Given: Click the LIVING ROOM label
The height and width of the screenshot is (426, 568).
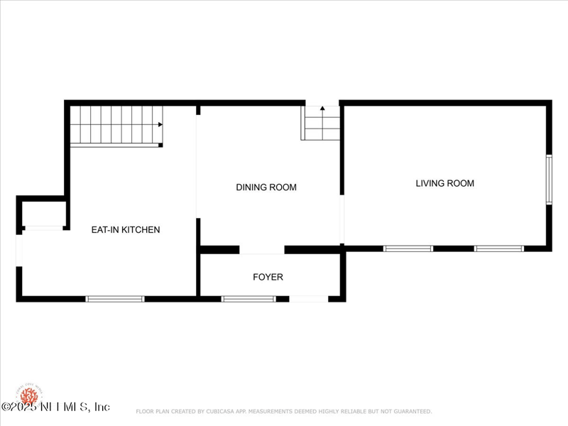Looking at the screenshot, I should pos(444,183).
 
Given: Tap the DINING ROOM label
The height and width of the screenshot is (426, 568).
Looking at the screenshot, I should pos(266,187).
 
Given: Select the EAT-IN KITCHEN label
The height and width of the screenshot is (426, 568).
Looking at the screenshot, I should pos(126,229).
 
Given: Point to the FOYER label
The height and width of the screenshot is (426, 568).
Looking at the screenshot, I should pos(268,277).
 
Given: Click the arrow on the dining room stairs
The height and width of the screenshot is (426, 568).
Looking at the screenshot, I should pos(322,109).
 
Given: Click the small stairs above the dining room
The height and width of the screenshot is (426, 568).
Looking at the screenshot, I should pos(322,123).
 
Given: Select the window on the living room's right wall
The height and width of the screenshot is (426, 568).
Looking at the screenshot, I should pos(549,180).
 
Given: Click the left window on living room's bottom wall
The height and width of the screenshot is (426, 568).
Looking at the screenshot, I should pos(408,248).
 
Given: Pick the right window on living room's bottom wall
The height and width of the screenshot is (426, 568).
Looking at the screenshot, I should pos(498,248).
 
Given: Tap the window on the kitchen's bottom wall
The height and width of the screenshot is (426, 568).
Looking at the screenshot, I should pos(115,299).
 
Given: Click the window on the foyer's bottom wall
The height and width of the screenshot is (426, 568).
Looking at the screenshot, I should pos(248,299).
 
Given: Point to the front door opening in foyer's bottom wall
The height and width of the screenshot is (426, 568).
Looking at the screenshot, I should pos(309,299).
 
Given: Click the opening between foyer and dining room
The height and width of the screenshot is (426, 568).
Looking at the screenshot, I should pos(261,250).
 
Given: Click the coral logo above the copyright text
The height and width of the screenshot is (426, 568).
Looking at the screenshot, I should pos(29,394).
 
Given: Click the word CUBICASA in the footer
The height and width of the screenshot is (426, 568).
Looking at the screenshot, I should pos(222,411).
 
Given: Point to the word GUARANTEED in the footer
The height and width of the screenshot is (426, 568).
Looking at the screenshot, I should pos(410,411).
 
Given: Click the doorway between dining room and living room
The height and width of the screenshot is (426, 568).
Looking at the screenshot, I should pos(342,219).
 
